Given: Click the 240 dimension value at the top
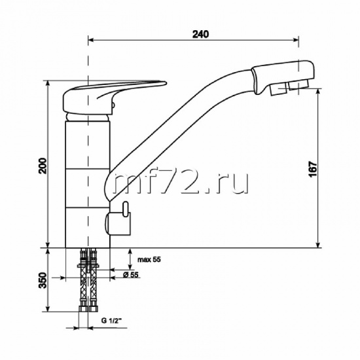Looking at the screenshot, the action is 200,34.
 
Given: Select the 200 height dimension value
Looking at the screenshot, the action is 43,166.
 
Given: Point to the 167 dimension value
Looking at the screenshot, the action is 313,169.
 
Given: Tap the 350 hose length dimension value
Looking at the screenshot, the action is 43,280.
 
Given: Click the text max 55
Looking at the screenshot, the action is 149,260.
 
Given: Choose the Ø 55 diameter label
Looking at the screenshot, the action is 131,275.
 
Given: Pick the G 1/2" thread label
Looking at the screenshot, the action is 111,321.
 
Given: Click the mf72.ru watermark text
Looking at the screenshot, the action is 181,183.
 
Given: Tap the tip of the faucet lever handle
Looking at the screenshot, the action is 166,83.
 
